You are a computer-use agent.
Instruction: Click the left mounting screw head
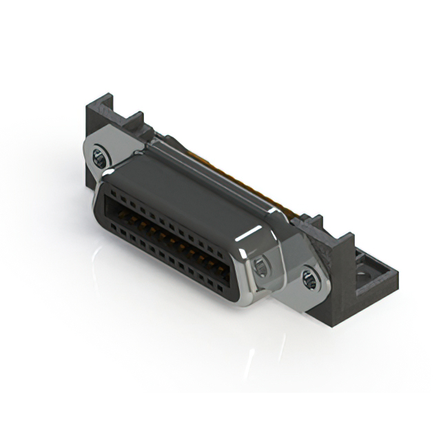point(100,158)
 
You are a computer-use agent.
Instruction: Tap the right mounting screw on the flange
point(309,278)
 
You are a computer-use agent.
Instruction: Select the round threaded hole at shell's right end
point(262,267)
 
